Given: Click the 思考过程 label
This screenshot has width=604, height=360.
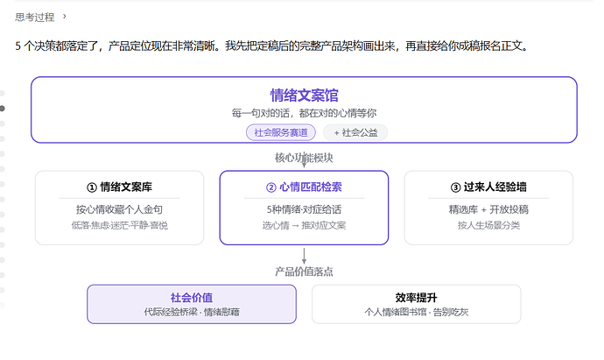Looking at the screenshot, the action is click(x=35, y=17).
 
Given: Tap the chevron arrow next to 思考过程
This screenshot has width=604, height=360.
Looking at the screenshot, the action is click(x=64, y=16).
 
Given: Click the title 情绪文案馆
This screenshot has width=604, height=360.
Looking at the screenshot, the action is click(x=304, y=95).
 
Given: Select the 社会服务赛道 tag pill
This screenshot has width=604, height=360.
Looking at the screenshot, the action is click(x=281, y=132).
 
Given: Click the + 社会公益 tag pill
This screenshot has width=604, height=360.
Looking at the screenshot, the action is click(x=355, y=132).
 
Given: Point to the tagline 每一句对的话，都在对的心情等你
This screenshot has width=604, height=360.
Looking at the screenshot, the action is click(x=304, y=113).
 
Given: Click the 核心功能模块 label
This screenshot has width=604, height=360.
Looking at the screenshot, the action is click(x=304, y=158).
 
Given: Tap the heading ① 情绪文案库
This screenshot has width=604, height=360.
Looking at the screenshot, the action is click(x=119, y=187).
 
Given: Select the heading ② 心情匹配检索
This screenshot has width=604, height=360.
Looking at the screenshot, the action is click(x=304, y=187).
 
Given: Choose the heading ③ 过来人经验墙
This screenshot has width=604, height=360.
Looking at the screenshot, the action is click(x=488, y=187).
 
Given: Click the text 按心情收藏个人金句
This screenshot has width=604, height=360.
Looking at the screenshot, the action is click(x=119, y=209).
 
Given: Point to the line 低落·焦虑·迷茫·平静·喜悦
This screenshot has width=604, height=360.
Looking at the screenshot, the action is click(x=119, y=225).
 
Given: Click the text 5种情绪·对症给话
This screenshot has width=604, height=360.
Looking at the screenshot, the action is click(x=304, y=209).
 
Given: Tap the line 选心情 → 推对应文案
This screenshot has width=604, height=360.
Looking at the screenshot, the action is click(x=304, y=225).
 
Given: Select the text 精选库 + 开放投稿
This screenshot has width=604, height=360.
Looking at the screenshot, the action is click(x=488, y=209).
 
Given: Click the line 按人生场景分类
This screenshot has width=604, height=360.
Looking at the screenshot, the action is click(x=488, y=225).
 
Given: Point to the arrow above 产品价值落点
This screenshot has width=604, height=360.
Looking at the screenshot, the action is click(x=304, y=256).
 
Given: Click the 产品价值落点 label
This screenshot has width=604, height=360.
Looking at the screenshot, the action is click(x=304, y=272).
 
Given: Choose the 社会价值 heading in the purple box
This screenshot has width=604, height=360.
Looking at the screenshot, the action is click(x=192, y=298).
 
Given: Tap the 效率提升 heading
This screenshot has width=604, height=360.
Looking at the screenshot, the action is click(x=416, y=298).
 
